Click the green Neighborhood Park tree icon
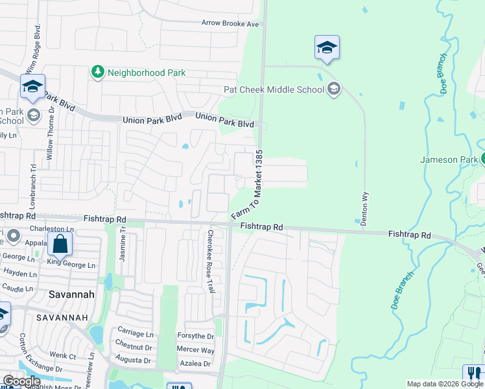pyautogui.click(x=98, y=72)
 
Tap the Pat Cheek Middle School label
pyautogui.click(x=273, y=89)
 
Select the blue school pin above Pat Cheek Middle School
pyautogui.click(x=327, y=47)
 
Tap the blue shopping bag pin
pyautogui.click(x=60, y=245)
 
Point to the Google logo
pyautogui.click(x=21, y=381)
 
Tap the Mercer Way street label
pyautogui.click(x=195, y=350)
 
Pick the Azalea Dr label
pyautogui.click(x=195, y=364)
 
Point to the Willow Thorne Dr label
pyautogui.click(x=50, y=142)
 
